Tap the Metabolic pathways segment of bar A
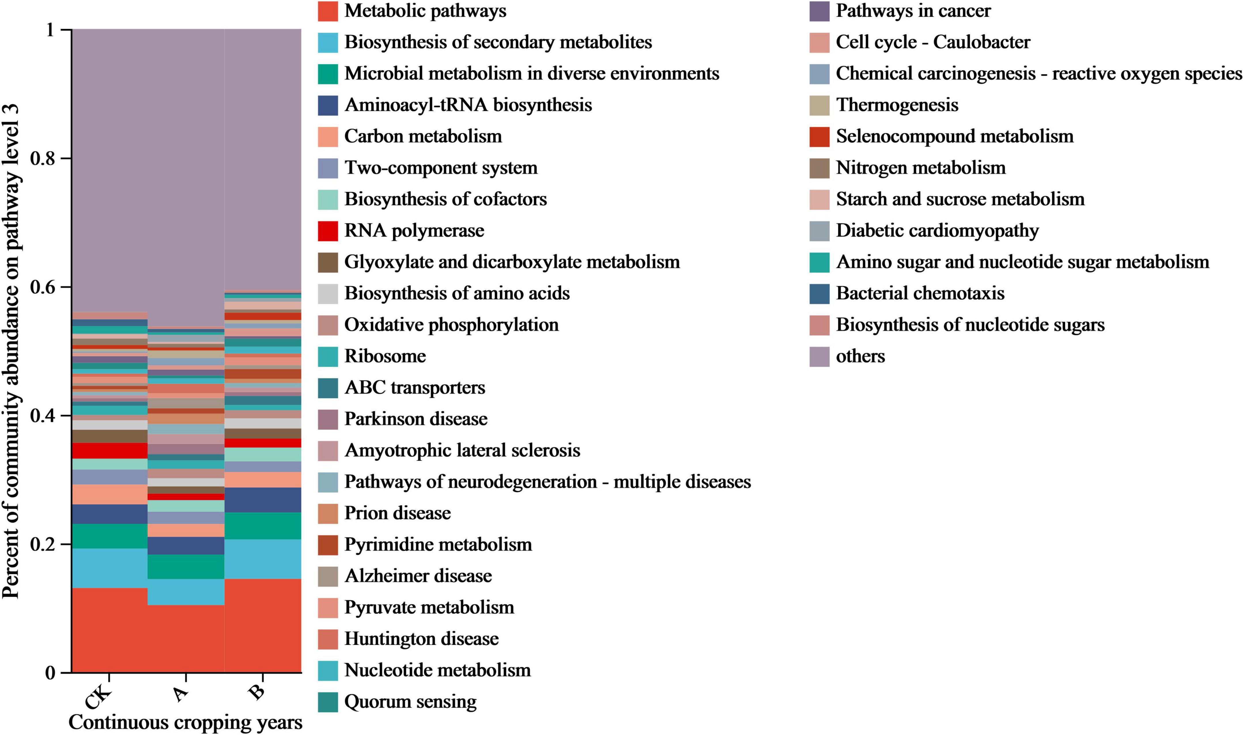186,639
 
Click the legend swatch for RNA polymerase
327,231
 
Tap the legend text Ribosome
385,356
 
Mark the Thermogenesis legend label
897,105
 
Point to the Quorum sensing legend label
410,702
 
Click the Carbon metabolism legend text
423,136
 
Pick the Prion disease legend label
397,513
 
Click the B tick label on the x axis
257,692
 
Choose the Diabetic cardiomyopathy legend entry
937,231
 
